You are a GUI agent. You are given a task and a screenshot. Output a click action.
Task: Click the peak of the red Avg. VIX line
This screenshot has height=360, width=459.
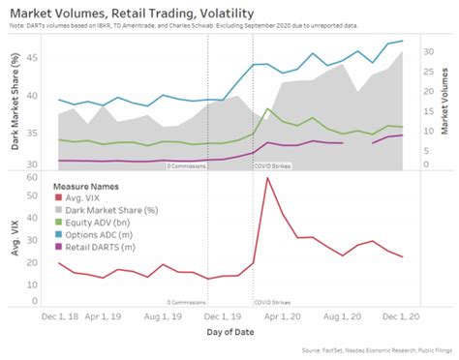[266, 178]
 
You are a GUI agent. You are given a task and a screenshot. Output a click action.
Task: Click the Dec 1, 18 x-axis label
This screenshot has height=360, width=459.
[60, 315]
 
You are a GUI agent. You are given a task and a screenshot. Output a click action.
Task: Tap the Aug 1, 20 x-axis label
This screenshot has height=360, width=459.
[342, 315]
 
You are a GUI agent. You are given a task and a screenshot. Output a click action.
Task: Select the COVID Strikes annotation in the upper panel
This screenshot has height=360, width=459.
[274, 165]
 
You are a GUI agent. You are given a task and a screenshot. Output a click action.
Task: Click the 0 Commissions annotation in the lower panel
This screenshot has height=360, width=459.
[187, 302]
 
